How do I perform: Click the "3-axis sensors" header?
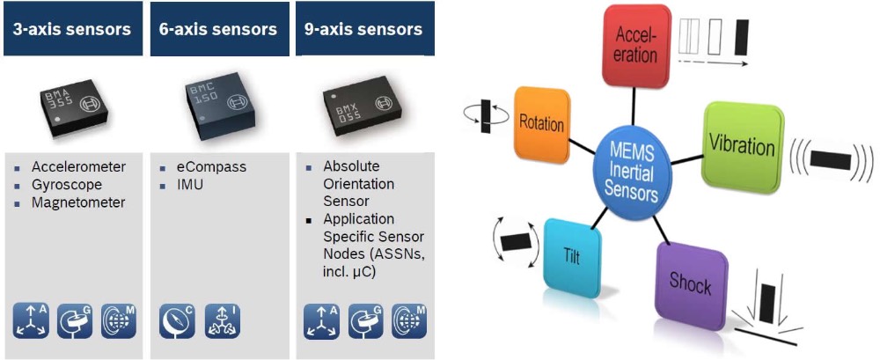(72, 29)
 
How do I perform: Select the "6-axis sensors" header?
(219, 29)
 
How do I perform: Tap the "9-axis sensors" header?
(364, 29)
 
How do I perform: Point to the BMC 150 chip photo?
(218, 103)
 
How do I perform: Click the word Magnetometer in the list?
(78, 202)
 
